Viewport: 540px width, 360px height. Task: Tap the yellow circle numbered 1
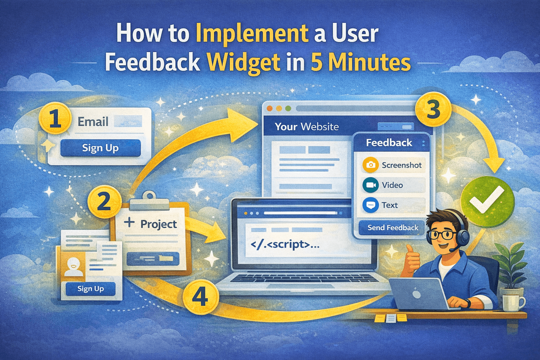[x=55, y=118]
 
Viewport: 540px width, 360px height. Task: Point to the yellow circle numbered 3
[x=433, y=110]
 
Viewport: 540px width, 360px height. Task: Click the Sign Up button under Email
[x=100, y=148]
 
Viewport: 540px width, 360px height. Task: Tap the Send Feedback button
[x=393, y=227]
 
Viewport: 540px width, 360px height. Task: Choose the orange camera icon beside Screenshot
[x=371, y=165]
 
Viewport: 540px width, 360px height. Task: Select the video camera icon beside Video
[x=371, y=185]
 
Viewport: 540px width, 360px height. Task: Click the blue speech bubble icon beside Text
[x=371, y=205]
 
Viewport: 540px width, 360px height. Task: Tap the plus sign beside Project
[x=129, y=222]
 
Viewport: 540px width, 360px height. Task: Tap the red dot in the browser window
[x=270, y=109]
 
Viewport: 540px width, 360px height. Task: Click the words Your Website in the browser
[x=307, y=127]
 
